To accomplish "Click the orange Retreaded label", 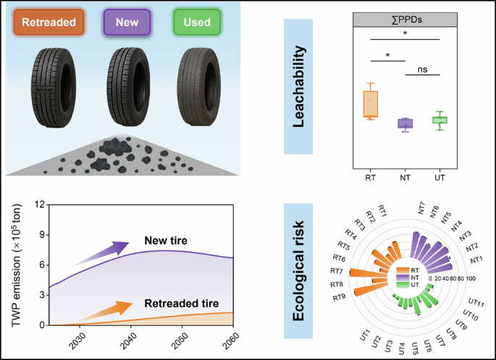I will (49, 22).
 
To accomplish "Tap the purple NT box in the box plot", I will (404, 123).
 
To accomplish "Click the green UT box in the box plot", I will (439, 120).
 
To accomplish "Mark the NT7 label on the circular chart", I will (422, 207).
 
